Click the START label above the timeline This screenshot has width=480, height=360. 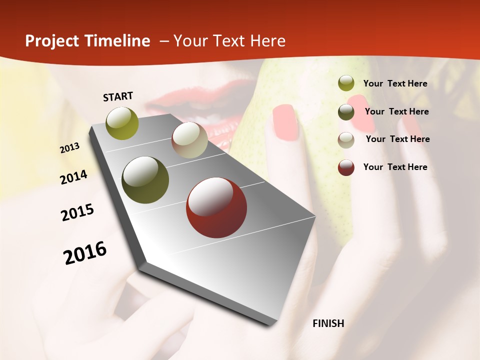pyautogui.click(x=118, y=96)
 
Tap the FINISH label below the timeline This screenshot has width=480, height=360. pyautogui.click(x=328, y=323)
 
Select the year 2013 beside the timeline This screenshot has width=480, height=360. pyautogui.click(x=70, y=148)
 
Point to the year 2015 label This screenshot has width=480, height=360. pyautogui.click(x=77, y=212)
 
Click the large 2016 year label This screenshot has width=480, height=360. pyautogui.click(x=85, y=252)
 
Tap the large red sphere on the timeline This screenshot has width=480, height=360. pyautogui.click(x=216, y=207)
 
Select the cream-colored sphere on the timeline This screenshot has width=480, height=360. pyautogui.click(x=189, y=139)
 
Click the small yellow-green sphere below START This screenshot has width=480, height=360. pyautogui.click(x=122, y=123)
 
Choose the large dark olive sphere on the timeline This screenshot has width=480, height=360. pyautogui.click(x=145, y=180)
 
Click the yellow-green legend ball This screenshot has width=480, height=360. pyautogui.click(x=346, y=83)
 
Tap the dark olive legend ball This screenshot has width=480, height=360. pyautogui.click(x=346, y=112)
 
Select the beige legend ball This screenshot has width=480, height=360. pyautogui.click(x=346, y=140)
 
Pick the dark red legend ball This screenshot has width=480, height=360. pyautogui.click(x=346, y=167)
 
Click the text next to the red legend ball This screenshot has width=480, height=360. pyautogui.click(x=395, y=167)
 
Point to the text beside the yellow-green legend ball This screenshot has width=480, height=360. pyautogui.click(x=395, y=83)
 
